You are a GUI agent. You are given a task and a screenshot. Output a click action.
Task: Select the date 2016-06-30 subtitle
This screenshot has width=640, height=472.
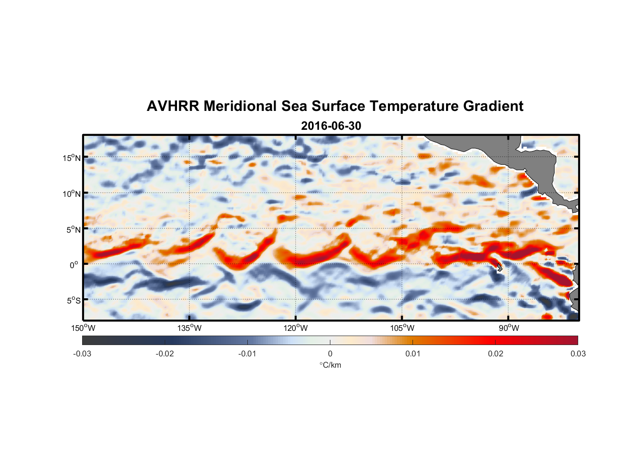pos(331,126)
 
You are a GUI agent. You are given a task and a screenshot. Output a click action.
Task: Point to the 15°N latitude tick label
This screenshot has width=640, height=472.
pos(72,158)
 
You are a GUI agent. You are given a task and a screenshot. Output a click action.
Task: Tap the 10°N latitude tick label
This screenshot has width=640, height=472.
pos(72,194)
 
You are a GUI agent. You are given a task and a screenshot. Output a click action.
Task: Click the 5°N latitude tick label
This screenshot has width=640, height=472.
pos(73,229)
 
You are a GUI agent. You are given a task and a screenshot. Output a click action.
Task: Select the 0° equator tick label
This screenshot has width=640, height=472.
pos(75,265)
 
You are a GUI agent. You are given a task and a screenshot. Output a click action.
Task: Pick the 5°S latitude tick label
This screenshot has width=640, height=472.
pos(73,301)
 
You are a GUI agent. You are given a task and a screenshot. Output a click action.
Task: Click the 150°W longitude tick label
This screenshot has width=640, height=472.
pos(84,328)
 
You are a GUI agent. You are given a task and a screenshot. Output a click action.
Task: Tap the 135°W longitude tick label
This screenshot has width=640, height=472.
pos(190,328)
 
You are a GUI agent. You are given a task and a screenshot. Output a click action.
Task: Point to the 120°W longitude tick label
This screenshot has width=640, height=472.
pos(296,328)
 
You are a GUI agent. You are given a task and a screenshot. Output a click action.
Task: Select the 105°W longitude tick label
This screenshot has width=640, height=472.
pos(402,328)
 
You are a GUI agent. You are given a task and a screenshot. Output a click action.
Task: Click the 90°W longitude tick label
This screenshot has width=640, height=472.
pos(509,328)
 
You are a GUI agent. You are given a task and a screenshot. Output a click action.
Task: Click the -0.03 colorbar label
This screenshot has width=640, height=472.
pos(82,354)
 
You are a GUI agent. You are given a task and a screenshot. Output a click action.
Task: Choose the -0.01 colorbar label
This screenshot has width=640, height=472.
pos(247,354)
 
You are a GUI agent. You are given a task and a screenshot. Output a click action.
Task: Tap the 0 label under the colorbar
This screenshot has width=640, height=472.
pos(330,354)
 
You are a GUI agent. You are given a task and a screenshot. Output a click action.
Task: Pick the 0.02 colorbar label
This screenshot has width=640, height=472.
pos(496,354)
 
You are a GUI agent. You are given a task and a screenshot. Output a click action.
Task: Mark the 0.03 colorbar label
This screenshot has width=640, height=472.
pos(578,354)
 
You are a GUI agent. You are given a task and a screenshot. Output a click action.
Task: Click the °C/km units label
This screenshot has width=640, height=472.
pos(330,365)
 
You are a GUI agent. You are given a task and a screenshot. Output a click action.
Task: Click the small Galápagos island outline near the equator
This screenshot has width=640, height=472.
pos(498,267)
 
